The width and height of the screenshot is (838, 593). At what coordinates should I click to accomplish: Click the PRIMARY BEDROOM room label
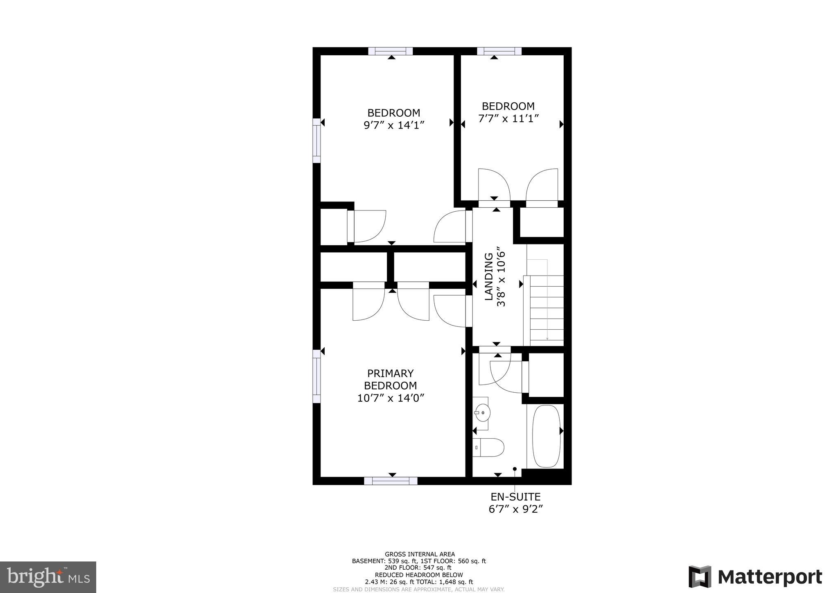(391, 380)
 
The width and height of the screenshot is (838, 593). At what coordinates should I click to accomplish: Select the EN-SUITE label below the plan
(515, 497)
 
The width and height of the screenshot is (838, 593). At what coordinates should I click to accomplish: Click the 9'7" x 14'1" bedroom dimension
(393, 125)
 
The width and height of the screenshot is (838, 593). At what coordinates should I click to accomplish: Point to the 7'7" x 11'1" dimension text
(508, 118)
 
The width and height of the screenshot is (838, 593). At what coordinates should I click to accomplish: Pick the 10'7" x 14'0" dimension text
(390, 398)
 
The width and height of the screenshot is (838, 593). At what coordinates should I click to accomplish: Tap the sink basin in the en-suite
(482, 413)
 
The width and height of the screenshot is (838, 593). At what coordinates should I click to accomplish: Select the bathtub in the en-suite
(546, 436)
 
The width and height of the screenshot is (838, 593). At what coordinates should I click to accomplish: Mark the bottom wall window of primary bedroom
(391, 481)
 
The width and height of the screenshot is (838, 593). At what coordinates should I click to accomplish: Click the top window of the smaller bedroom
(499, 51)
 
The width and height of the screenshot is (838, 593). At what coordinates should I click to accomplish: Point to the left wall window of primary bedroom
(316, 376)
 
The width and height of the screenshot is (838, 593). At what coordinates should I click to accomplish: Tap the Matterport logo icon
(700, 577)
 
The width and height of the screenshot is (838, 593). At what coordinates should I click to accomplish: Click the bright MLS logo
(48, 577)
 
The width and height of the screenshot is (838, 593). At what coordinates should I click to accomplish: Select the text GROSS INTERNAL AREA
(420, 554)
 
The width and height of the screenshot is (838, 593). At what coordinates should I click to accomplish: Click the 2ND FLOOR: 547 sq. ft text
(418, 568)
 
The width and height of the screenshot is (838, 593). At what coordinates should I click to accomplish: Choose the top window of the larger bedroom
(391, 51)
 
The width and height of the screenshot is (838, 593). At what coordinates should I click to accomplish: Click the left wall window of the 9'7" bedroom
(316, 140)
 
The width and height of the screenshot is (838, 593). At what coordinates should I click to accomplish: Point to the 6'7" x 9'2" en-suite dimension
(515, 509)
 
